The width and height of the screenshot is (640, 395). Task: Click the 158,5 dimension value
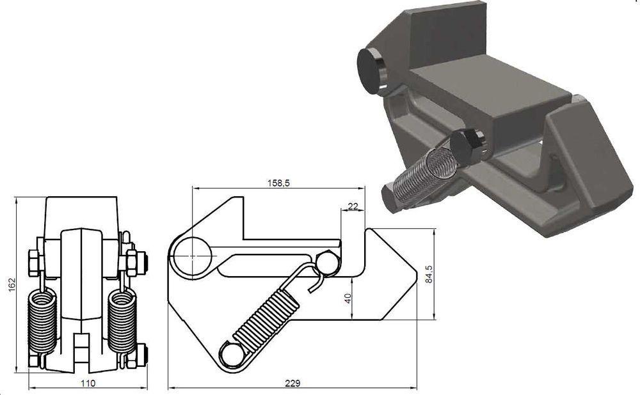[278, 183]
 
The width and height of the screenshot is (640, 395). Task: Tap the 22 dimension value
[353, 206]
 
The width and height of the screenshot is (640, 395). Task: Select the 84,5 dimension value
[428, 274]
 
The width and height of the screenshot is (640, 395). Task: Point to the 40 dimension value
[348, 298]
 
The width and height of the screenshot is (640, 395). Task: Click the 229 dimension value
[292, 383]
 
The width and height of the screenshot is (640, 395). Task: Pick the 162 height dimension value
[12, 284]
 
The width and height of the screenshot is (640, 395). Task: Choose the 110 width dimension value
[88, 383]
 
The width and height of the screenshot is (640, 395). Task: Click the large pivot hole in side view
[192, 256]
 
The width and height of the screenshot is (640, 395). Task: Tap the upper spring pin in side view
[327, 261]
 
